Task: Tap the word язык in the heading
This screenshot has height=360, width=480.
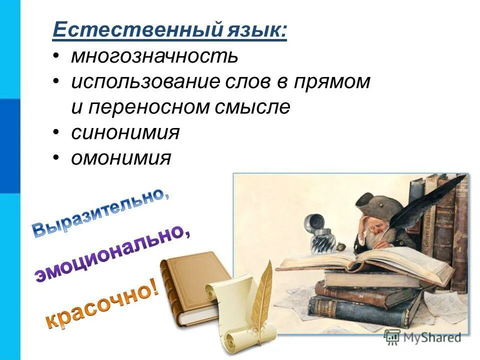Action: coord(254,31)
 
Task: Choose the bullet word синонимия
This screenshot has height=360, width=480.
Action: coord(125,133)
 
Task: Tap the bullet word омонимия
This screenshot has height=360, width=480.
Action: coord(121,159)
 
